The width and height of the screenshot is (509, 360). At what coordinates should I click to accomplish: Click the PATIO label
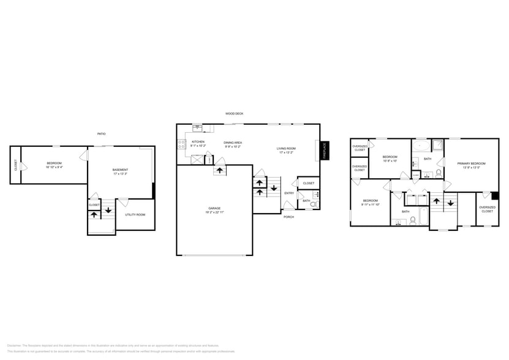[101, 133]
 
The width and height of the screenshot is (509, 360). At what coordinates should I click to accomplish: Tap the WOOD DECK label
[234, 113]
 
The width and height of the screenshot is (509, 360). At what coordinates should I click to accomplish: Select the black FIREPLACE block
[325, 150]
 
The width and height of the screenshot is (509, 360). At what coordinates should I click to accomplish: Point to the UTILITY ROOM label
[135, 215]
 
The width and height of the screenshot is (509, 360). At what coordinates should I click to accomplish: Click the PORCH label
[288, 217]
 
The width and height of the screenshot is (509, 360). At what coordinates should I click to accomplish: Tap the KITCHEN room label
[198, 142]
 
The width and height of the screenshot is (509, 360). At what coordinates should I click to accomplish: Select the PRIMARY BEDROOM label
[471, 163]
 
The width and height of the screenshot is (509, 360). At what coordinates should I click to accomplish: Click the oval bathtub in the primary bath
[421, 146]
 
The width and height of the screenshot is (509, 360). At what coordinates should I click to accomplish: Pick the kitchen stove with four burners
[181, 144]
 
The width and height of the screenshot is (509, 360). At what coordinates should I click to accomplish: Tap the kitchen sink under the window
[197, 128]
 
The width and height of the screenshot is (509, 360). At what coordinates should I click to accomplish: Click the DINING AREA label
[232, 143]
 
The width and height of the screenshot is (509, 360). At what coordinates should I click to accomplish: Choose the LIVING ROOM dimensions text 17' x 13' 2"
[285, 152]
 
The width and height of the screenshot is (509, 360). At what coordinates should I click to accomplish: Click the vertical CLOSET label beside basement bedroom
[15, 165]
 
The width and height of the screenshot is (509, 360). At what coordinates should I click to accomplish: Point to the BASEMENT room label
[120, 170]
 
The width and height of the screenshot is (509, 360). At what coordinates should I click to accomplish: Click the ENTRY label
[288, 193]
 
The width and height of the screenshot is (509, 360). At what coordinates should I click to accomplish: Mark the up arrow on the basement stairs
[94, 214]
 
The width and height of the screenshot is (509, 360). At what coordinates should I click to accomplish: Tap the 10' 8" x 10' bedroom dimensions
[390, 161]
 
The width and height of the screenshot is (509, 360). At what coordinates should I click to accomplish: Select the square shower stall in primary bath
[437, 145]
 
